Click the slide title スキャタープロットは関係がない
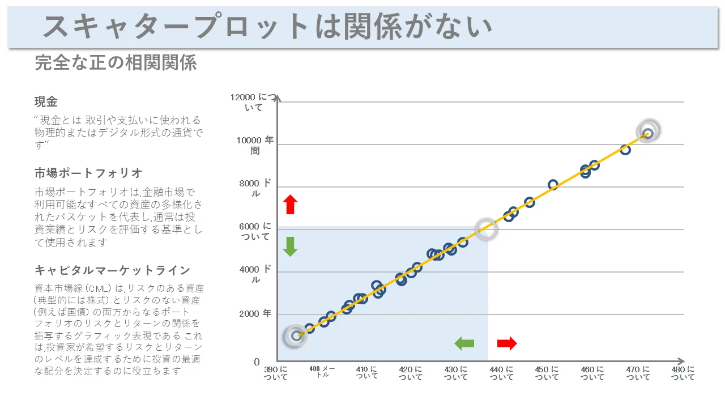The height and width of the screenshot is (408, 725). point(267,27)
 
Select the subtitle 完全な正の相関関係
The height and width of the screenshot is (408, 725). point(116,63)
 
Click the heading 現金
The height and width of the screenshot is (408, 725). point(46,102)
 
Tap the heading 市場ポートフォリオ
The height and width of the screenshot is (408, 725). point(88,173)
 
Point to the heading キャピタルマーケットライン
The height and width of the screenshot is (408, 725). point(112,270)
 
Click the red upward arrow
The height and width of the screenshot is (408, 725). point(291,205)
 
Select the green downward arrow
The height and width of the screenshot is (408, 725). point(291,246)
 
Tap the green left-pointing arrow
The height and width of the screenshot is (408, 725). point(464,343)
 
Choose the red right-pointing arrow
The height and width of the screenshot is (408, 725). point(507,343)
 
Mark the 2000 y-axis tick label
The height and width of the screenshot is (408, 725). point(255,313)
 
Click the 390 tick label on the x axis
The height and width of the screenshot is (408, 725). point(276,373)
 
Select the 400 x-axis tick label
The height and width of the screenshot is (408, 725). point(322,372)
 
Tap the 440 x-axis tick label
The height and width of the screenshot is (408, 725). point(501,373)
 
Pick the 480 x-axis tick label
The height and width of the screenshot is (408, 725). point(683,373)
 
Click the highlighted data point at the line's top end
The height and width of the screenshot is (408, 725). point(648,133)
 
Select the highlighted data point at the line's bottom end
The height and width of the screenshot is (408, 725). point(296,335)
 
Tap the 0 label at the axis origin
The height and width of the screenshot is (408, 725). point(257,362)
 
